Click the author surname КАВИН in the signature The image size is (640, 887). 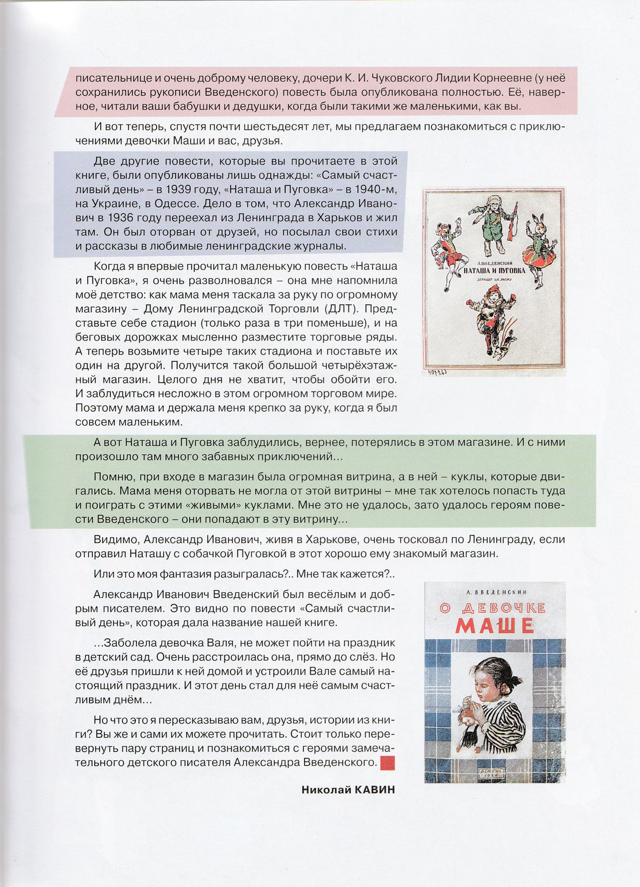click(x=375, y=789)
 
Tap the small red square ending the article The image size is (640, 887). click(x=387, y=763)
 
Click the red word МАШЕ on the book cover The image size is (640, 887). click(x=495, y=626)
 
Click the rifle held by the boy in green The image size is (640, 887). click(x=513, y=221)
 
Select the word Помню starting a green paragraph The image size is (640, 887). click(x=113, y=477)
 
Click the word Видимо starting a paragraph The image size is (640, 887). click(x=116, y=539)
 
